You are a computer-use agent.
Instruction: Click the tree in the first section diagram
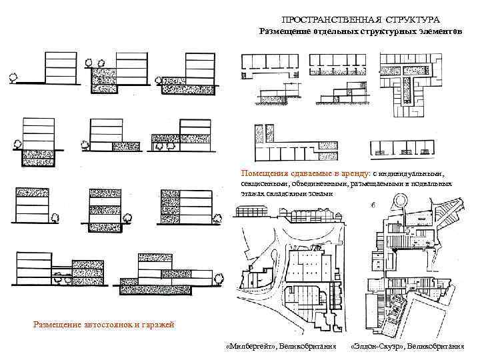click(x=11, y=77)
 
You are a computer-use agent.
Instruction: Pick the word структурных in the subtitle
click(x=387, y=31)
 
